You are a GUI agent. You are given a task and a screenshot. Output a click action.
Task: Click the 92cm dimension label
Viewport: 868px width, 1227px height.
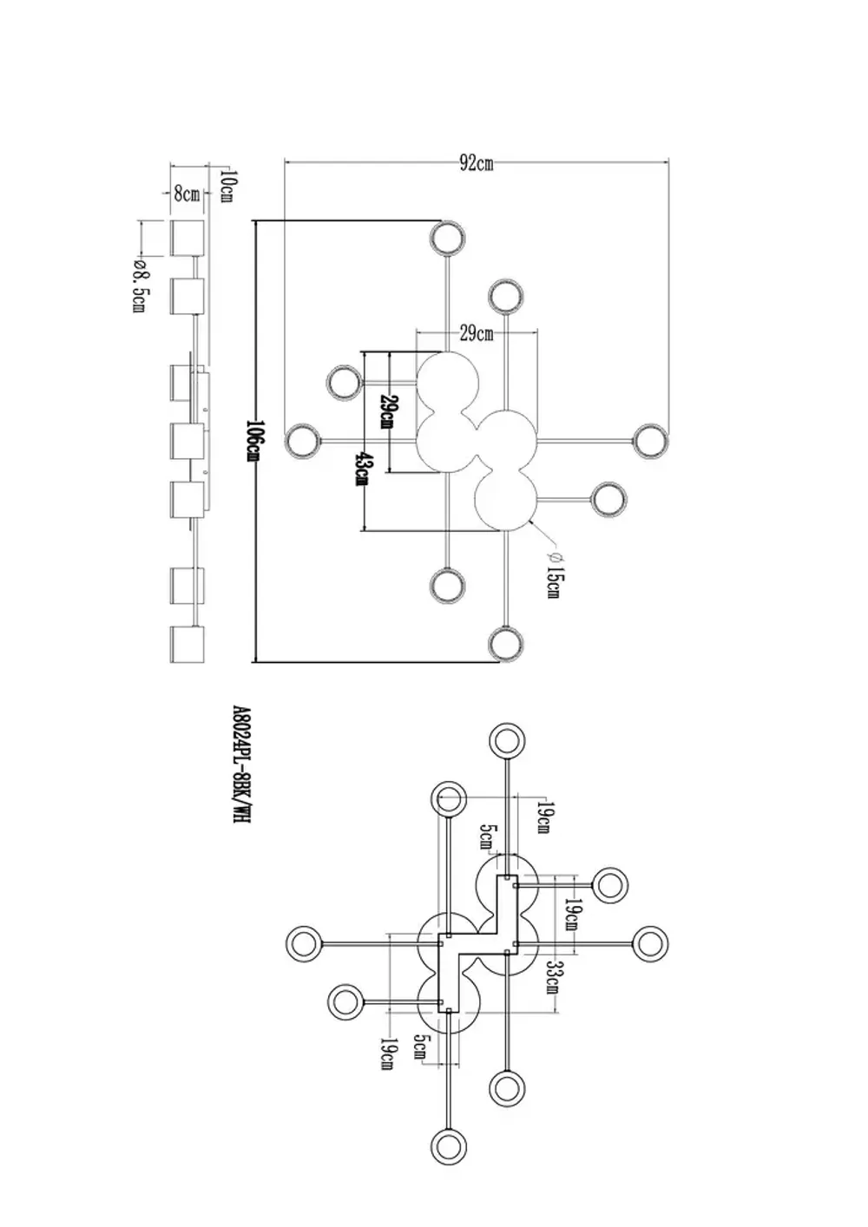pyautogui.click(x=477, y=163)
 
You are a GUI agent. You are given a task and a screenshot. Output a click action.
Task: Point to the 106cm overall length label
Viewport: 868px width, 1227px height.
pyautogui.click(x=253, y=442)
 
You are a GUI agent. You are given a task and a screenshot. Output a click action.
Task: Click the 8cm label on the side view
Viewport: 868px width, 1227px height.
pyautogui.click(x=187, y=194)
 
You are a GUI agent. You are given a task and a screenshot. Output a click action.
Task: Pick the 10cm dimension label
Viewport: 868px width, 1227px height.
pyautogui.click(x=227, y=186)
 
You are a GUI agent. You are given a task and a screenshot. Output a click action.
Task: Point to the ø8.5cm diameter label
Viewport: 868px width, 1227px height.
pyautogui.click(x=139, y=287)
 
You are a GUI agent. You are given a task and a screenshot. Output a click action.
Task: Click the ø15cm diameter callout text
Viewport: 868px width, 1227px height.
pyautogui.click(x=554, y=573)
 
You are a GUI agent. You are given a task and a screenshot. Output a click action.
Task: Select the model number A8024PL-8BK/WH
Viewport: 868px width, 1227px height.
pyautogui.click(x=242, y=764)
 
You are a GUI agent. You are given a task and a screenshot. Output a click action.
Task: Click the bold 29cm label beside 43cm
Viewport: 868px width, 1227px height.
pyautogui.click(x=387, y=411)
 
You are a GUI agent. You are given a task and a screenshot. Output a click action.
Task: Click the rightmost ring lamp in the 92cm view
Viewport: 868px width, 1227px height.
pyautogui.click(x=651, y=441)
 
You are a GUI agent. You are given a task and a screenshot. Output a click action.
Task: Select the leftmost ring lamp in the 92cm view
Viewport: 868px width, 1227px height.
pyautogui.click(x=302, y=441)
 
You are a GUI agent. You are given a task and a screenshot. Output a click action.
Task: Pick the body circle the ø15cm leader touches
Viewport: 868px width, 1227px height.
pyautogui.click(x=507, y=500)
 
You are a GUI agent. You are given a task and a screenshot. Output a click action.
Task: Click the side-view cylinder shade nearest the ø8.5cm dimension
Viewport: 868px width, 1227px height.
pyautogui.click(x=187, y=239)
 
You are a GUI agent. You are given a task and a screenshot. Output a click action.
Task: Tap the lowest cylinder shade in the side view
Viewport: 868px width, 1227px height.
pyautogui.click(x=187, y=645)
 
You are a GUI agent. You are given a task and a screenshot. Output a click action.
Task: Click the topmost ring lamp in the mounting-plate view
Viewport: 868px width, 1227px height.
pyautogui.click(x=507, y=742)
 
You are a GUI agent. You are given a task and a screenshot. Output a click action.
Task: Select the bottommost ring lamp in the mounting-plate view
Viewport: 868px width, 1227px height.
pyautogui.click(x=448, y=1147)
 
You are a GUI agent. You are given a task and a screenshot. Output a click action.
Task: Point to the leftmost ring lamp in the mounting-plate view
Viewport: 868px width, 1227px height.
pyautogui.click(x=303, y=942)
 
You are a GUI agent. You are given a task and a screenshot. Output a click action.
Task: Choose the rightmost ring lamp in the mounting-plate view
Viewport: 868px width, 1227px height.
pyautogui.click(x=650, y=942)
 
